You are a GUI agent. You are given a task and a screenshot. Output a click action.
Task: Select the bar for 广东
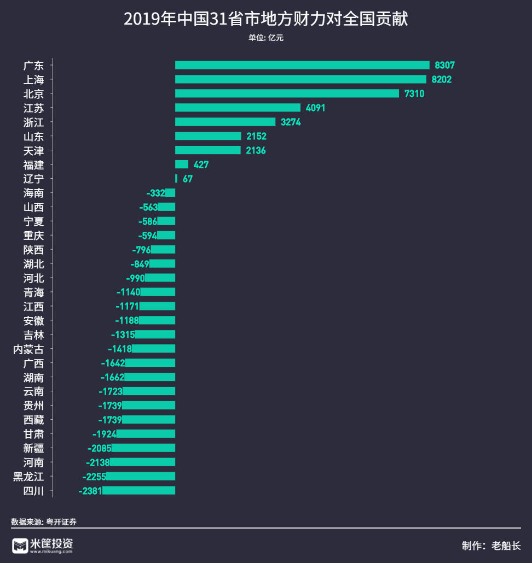coord(302,65)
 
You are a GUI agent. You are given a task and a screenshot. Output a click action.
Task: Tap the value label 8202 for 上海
coord(442,79)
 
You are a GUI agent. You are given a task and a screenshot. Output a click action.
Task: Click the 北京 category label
coord(33,93)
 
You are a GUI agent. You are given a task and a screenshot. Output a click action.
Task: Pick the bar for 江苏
coord(238,108)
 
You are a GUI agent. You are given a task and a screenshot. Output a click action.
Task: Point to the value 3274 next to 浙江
coord(291,122)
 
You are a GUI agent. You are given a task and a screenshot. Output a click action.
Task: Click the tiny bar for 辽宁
coord(176,179)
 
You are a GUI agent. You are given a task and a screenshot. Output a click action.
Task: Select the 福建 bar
coord(182,165)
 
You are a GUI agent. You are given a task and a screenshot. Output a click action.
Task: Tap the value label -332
coord(155,193)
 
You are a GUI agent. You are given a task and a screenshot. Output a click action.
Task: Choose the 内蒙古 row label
coord(28,349)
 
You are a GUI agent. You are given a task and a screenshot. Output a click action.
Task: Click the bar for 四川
coord(139,491)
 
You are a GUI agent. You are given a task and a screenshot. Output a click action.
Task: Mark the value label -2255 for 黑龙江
coord(94,477)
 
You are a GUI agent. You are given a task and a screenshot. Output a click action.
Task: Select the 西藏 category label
coord(33,420)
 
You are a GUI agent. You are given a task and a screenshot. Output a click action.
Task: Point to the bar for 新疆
coord(143,448)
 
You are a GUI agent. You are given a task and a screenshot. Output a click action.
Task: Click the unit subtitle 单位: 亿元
coord(266,38)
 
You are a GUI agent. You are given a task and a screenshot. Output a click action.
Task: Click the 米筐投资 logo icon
coord(20,546)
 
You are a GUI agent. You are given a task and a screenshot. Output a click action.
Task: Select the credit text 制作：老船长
coord(491,546)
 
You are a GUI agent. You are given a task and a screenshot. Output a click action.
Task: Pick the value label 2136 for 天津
coord(256,150)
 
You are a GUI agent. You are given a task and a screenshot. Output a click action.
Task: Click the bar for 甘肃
coord(146,434)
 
